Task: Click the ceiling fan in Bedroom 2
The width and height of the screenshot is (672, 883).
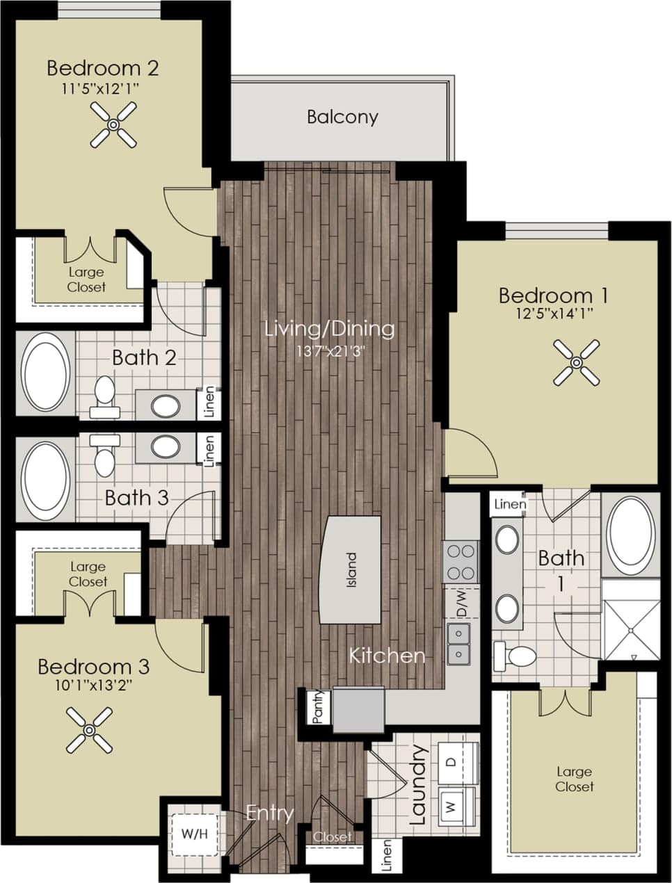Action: click(113, 124)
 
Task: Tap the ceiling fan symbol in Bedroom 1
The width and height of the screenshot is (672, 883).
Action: click(577, 362)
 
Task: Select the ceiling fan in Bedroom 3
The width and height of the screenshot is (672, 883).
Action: click(90, 729)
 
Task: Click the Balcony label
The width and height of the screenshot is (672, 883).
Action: click(342, 117)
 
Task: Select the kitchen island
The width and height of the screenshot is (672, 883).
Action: click(351, 569)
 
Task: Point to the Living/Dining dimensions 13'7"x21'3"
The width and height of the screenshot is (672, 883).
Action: click(330, 350)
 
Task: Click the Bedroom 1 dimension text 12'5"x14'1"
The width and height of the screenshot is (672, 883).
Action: click(553, 314)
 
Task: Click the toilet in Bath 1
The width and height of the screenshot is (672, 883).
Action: click(515, 655)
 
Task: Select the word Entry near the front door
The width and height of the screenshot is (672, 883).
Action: click(270, 812)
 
